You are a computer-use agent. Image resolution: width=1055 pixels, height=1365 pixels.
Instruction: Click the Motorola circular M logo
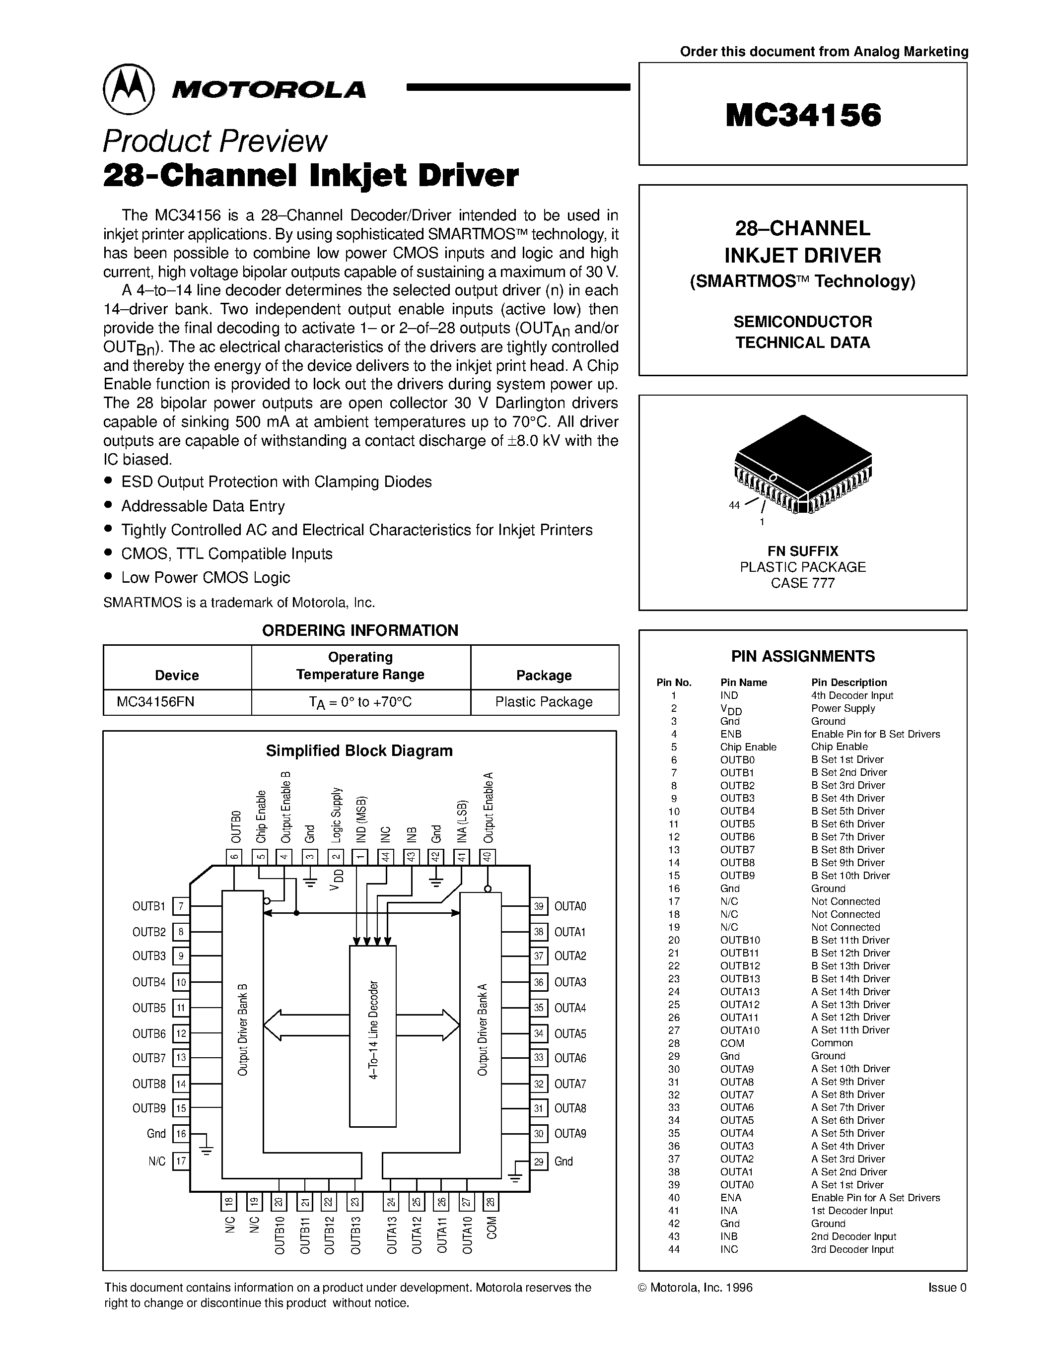(128, 89)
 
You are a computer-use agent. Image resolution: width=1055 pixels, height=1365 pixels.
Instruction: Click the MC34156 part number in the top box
(803, 115)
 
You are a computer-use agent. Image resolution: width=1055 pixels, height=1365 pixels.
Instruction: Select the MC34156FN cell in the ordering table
(155, 701)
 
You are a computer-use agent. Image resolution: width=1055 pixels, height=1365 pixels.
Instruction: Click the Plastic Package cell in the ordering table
(544, 701)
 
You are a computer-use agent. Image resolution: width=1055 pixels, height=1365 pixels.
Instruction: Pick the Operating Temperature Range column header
(360, 666)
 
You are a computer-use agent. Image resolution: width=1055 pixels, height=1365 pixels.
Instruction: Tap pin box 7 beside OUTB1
(181, 906)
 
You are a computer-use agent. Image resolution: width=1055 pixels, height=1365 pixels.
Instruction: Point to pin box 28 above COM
(491, 1202)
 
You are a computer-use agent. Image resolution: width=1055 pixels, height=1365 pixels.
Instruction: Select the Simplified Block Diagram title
(359, 751)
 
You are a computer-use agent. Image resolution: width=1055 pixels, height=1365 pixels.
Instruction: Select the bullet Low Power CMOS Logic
(206, 577)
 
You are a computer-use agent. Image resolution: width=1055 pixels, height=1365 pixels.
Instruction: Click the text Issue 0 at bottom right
(947, 1288)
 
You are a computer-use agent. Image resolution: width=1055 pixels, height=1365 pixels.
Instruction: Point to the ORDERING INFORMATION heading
(360, 630)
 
